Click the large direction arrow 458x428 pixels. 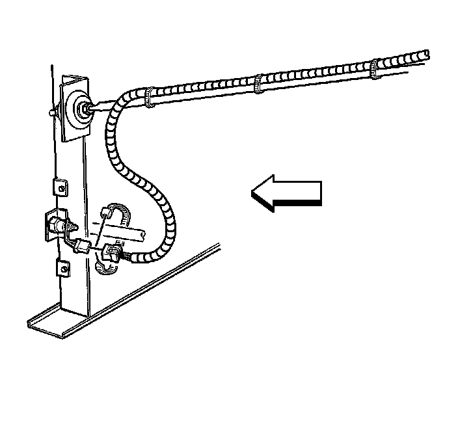point(286,193)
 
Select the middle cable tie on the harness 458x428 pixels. point(258,83)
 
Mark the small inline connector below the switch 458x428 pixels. point(81,247)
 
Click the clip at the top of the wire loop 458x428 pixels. point(108,211)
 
